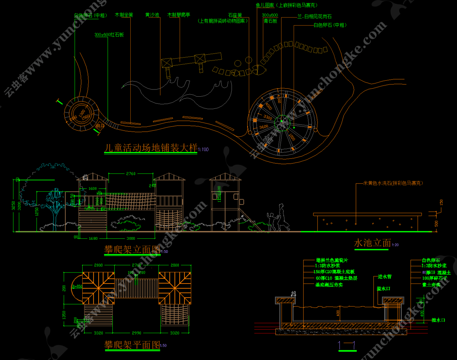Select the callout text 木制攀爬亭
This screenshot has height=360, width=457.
179,15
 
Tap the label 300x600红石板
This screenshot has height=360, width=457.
109,35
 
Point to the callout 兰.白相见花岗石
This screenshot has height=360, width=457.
314,17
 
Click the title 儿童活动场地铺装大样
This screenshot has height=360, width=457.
151,148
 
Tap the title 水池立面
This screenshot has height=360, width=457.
372,242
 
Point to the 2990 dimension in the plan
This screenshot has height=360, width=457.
136,333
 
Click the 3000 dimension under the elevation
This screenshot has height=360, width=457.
131,238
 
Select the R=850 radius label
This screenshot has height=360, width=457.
77,286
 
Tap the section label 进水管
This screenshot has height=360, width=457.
384,277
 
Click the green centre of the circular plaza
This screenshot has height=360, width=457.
282,121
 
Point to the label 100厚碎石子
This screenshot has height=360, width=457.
434,279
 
